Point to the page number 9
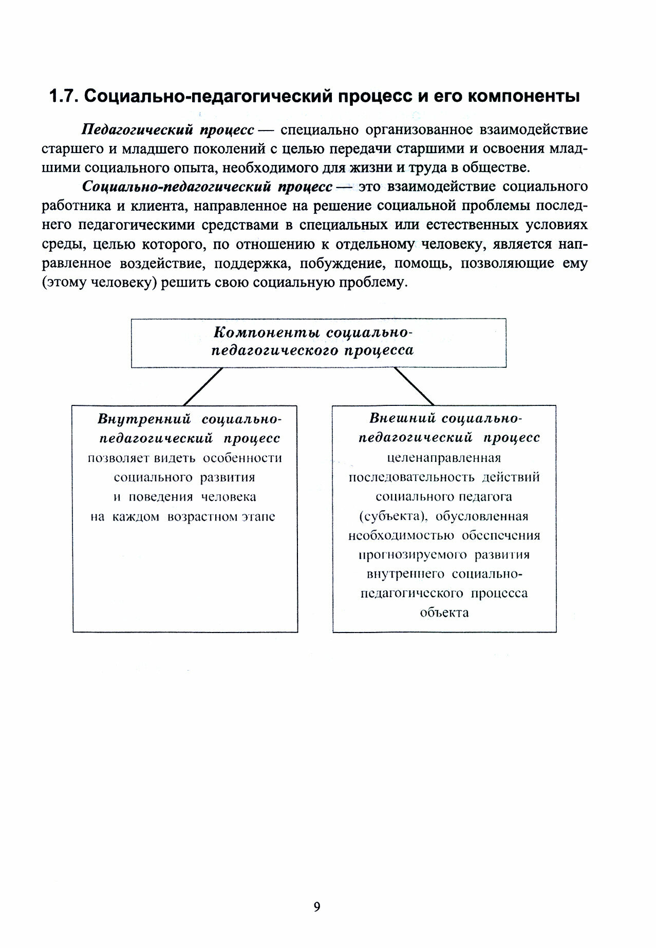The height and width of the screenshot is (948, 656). coord(316,906)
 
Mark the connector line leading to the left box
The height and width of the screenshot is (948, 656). coord(203,386)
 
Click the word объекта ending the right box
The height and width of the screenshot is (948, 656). coord(444,613)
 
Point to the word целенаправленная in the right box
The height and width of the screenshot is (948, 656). coord(444,457)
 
